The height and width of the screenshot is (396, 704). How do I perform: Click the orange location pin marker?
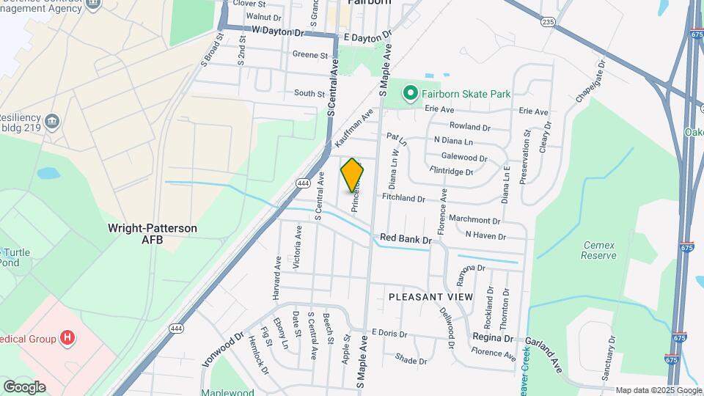click(353, 175)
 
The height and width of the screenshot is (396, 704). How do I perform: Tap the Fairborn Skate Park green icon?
click(411, 93)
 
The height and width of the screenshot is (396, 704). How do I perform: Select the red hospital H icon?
click(67, 338)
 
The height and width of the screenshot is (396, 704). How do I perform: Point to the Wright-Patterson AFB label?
click(153, 234)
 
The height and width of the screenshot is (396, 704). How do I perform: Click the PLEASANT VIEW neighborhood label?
click(430, 296)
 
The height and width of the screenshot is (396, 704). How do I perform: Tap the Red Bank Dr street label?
click(406, 239)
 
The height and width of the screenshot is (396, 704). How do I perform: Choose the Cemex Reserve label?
click(599, 250)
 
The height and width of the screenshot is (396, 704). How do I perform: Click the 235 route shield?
click(548, 23)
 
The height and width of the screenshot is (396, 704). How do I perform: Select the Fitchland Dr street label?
click(403, 198)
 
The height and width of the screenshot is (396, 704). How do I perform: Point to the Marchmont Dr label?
click(474, 220)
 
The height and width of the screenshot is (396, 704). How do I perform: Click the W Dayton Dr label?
click(277, 32)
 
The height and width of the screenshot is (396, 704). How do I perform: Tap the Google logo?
click(24, 386)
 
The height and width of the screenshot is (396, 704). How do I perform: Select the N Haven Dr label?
click(485, 236)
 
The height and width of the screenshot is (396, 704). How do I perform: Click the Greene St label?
click(309, 55)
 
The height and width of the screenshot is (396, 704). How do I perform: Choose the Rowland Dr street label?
click(469, 127)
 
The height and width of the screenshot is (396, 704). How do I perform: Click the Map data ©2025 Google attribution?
click(658, 390)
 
